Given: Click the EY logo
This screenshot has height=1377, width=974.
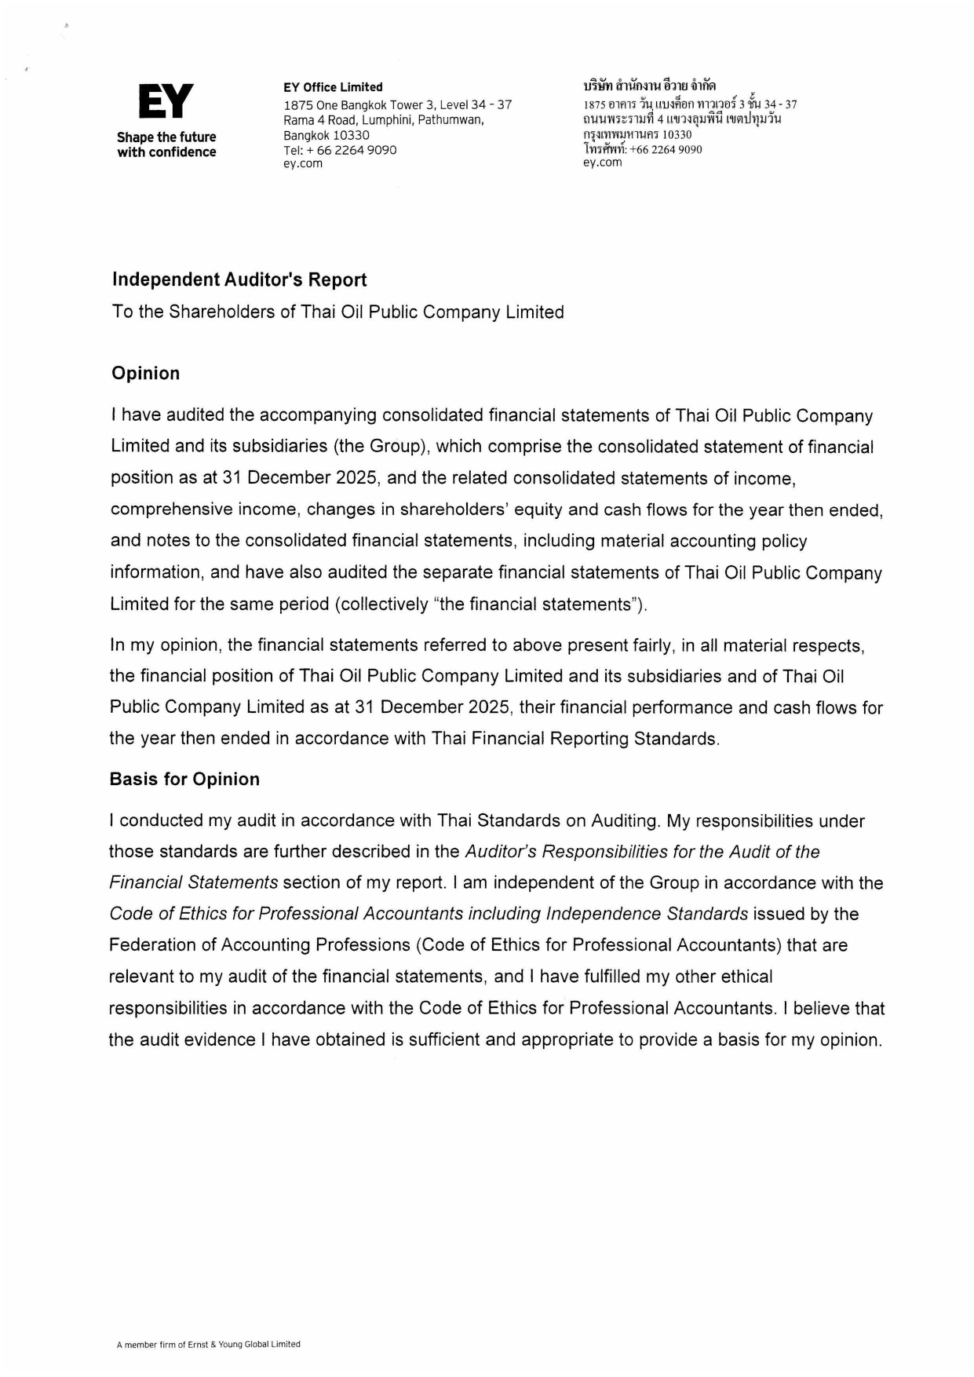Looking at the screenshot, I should click(166, 101).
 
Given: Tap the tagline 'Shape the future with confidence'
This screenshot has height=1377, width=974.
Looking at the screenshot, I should click(166, 144).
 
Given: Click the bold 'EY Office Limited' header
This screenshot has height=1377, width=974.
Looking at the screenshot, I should click(333, 87).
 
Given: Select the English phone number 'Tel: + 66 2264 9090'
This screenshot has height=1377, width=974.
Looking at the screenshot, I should click(340, 149).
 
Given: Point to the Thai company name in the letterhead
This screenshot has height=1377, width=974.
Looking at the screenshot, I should click(649, 86).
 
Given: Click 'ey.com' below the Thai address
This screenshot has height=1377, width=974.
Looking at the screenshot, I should click(602, 163).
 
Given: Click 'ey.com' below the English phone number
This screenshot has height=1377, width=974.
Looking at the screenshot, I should click(303, 163).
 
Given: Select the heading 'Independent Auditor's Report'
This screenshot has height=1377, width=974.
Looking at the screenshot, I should click(239, 279).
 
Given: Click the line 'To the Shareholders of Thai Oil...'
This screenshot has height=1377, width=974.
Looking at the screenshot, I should click(337, 312).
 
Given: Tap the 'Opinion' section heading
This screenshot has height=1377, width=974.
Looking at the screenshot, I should click(145, 373).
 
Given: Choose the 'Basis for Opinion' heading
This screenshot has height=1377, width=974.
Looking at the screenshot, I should click(184, 779).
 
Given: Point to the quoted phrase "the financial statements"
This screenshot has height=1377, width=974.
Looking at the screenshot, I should click(575, 604).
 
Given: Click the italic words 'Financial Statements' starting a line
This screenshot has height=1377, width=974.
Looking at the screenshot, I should click(193, 882).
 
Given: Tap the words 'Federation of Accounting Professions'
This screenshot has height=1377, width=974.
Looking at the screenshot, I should click(260, 945).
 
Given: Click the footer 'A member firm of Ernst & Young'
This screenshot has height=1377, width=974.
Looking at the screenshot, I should click(208, 1344).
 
